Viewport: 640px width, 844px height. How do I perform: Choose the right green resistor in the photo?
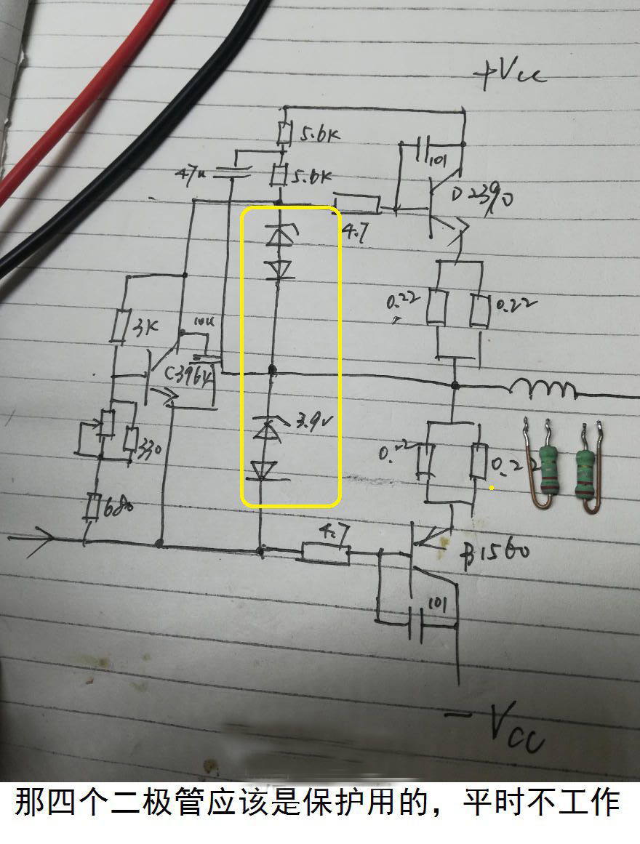586,469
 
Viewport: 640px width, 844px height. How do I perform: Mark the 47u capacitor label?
191,174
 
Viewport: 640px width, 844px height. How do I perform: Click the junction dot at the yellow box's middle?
273,371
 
